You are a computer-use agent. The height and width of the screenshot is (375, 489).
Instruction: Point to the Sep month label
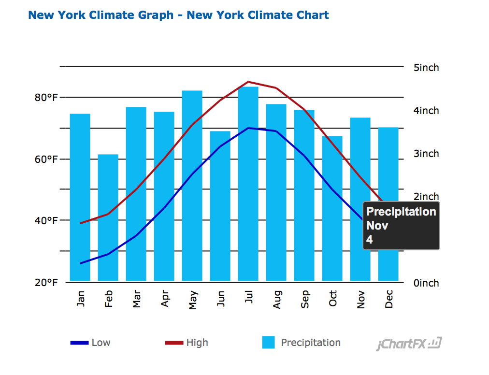click(x=304, y=299)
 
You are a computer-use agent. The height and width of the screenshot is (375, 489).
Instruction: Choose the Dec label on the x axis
click(x=388, y=299)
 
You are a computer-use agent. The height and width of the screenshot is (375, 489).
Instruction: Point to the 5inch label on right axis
click(x=426, y=68)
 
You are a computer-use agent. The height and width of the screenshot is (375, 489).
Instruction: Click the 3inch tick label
click(x=426, y=154)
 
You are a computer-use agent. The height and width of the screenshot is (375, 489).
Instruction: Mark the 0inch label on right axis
click(x=426, y=283)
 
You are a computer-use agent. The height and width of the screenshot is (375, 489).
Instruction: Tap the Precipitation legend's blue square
click(x=269, y=343)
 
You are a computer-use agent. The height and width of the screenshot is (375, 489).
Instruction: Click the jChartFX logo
click(x=409, y=344)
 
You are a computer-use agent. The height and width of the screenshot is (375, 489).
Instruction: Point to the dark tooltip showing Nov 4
click(x=401, y=226)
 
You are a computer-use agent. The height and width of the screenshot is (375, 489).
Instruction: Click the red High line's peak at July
click(x=248, y=82)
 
